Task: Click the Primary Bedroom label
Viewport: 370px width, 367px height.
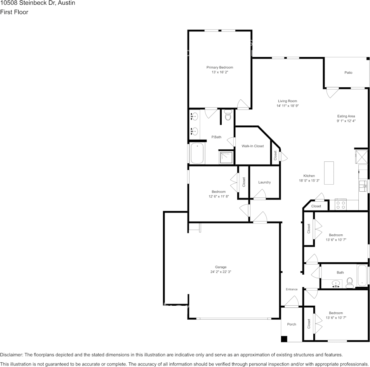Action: (x=219, y=68)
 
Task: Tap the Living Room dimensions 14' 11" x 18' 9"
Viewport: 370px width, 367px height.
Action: (x=287, y=106)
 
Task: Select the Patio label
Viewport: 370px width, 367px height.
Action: (x=348, y=73)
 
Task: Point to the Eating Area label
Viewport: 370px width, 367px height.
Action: (x=346, y=116)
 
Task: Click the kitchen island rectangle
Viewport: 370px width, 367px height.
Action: (x=329, y=173)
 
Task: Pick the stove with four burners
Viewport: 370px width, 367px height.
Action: (x=340, y=204)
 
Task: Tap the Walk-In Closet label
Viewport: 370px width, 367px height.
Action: (x=252, y=146)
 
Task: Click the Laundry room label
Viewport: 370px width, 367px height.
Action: (x=264, y=182)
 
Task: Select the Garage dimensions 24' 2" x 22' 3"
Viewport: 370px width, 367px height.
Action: (x=221, y=272)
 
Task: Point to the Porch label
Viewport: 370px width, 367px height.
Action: (x=292, y=324)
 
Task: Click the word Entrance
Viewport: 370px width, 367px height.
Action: (x=292, y=289)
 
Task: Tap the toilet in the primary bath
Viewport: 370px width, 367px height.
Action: (x=228, y=116)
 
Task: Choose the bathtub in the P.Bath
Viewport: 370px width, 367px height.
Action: (x=197, y=154)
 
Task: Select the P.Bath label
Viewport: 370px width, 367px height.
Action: (x=216, y=137)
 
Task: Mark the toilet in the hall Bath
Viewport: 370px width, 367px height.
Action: (x=349, y=283)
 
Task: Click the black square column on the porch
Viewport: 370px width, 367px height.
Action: (x=284, y=339)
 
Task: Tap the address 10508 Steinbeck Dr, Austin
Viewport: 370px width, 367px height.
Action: (x=38, y=3)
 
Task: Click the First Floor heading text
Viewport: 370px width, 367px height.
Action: (x=14, y=12)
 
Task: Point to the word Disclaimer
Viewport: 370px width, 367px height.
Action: (x=11, y=355)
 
